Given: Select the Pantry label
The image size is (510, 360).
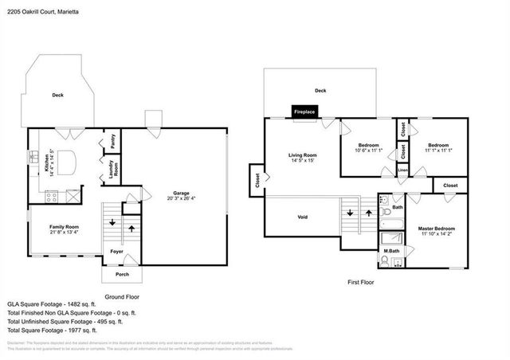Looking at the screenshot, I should click(112, 141).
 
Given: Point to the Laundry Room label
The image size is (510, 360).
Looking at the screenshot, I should click(112, 168).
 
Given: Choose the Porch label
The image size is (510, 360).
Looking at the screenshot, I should click(122, 274).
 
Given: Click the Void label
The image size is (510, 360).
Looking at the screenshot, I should click(303, 216).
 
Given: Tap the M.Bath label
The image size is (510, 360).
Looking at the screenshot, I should click(390, 252).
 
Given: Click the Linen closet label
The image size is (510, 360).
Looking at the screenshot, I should click(403, 170).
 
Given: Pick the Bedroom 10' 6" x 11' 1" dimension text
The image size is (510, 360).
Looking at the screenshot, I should click(368, 150).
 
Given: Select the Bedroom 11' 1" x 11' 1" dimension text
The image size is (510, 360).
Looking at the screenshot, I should click(438, 150).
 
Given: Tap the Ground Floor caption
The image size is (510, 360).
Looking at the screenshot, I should click(122, 295).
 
